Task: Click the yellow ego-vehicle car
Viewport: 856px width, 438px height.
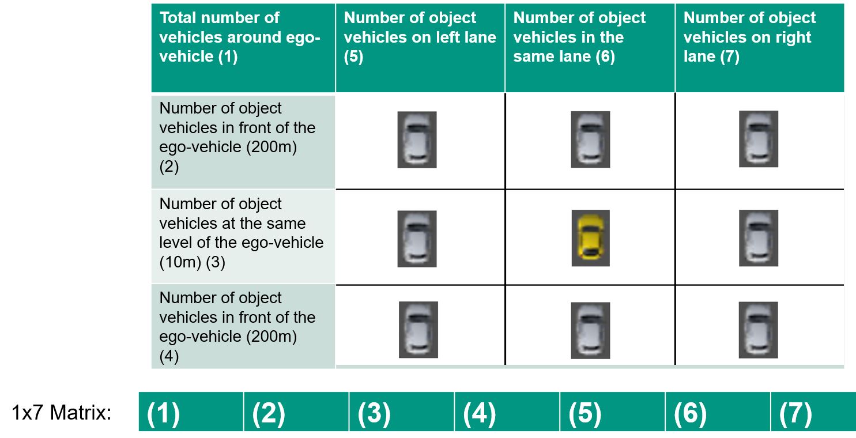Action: (x=590, y=237)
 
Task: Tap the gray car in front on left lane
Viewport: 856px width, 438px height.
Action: (x=417, y=139)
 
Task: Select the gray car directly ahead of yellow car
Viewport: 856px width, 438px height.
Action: (x=590, y=139)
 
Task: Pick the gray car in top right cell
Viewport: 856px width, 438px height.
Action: (x=759, y=139)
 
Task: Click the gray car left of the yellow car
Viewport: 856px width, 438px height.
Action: (x=417, y=239)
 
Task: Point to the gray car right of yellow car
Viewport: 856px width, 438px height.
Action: (x=759, y=237)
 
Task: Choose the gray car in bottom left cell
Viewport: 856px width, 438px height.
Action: (x=418, y=330)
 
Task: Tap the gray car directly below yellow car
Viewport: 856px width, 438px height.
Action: (x=590, y=331)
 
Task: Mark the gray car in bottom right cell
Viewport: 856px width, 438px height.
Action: (x=758, y=330)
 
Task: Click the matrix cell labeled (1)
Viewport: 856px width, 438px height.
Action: (x=191, y=411)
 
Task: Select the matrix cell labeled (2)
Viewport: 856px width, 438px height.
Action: (x=296, y=411)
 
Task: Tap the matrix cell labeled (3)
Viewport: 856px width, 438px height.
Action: (x=402, y=411)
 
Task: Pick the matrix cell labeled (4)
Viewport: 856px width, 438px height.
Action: (x=507, y=411)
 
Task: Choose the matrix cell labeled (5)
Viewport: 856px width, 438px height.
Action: (x=613, y=411)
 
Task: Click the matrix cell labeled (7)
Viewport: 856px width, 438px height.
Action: (x=813, y=411)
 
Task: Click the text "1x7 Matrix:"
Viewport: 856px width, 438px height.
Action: (x=62, y=413)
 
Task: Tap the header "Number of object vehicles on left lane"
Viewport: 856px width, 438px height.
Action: (x=420, y=37)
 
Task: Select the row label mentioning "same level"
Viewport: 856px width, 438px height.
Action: (x=241, y=233)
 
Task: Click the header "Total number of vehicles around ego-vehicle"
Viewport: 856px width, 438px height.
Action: (x=240, y=37)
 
